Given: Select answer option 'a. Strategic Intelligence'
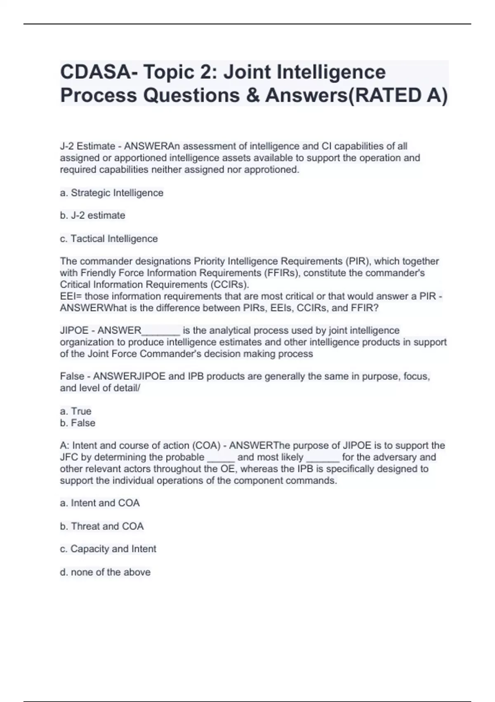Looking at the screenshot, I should (111, 193).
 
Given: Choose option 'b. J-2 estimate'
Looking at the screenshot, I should (92, 216).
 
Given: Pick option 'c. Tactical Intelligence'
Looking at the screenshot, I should (109, 239).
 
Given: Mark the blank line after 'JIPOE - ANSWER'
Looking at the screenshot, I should (160, 331).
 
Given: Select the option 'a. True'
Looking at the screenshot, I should (75, 411).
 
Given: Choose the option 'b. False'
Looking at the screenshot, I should (78, 423).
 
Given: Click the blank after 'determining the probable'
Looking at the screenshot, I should (221, 458).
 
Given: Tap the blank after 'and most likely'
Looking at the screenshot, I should (323, 458).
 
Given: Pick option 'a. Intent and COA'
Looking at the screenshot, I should (100, 503).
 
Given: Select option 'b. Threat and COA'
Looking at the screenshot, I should (101, 526).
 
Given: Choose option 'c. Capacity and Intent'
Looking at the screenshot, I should (108, 549).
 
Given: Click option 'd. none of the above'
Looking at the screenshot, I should (105, 572).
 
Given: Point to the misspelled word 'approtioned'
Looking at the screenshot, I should (271, 170).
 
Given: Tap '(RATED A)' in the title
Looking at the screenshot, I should (398, 95).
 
